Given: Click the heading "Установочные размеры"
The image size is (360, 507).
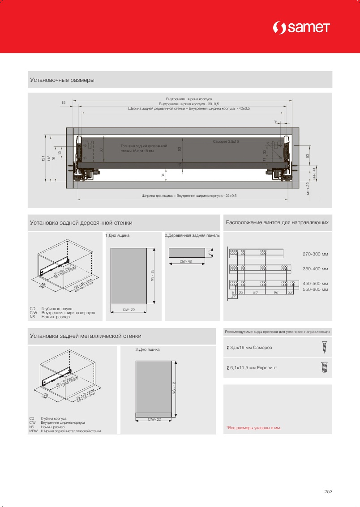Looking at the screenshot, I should [x=62, y=80].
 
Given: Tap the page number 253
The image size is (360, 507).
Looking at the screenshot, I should [x=328, y=491].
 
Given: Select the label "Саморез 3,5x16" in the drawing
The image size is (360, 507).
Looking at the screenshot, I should [x=226, y=141].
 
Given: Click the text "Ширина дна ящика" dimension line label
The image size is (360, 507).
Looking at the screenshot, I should [x=189, y=196].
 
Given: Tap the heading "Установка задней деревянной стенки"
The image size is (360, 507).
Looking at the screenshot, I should [x=81, y=222].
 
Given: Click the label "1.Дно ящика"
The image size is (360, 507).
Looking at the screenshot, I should [x=117, y=235].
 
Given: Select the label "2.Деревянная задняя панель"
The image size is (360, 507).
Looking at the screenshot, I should [x=192, y=235].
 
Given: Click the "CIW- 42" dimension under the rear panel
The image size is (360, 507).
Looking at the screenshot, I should [x=186, y=260].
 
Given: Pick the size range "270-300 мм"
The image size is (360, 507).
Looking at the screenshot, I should [x=315, y=254].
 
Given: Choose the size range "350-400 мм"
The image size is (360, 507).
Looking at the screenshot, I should [x=315, y=269].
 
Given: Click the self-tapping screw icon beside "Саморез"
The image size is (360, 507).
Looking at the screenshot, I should [x=324, y=347].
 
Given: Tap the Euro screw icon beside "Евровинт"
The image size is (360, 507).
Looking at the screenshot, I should [x=325, y=367].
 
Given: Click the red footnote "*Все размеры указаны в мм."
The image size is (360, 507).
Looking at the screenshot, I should [x=253, y=428].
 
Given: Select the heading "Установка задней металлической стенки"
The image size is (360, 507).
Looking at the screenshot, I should [x=86, y=336].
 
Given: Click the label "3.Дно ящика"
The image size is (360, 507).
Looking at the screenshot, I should [x=147, y=349].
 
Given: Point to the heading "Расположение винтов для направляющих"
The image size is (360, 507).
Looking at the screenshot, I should [x=277, y=222].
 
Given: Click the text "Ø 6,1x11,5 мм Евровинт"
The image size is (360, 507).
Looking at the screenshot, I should [x=252, y=367].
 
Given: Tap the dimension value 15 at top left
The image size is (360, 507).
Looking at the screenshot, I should [x=63, y=103].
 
